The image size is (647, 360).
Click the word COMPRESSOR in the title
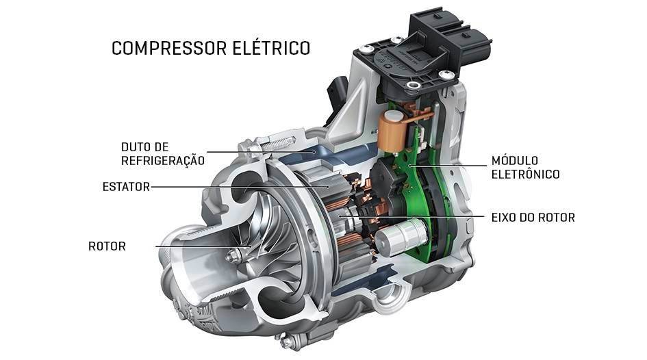pos(169,48)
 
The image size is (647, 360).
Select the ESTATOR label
pos(126,187)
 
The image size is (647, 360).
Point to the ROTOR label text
pos(107,246)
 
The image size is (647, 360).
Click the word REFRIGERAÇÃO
pos(163,161)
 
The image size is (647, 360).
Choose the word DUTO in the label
pos(134,147)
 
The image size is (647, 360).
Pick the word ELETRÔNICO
pos(526,174)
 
